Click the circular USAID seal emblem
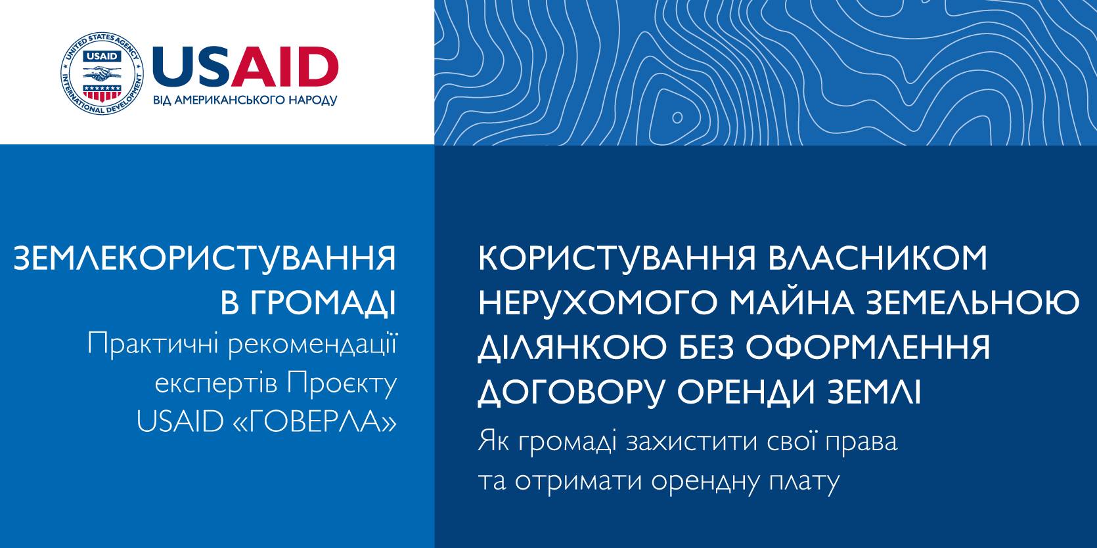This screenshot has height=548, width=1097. tap(102, 74)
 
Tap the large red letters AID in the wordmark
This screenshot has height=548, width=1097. tap(285, 66)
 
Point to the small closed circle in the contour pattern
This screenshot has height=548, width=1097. tap(677, 117)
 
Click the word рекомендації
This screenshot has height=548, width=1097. tap(312, 345)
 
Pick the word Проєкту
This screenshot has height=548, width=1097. tap(342, 383)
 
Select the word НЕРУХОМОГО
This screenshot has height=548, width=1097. tap(598, 303)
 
